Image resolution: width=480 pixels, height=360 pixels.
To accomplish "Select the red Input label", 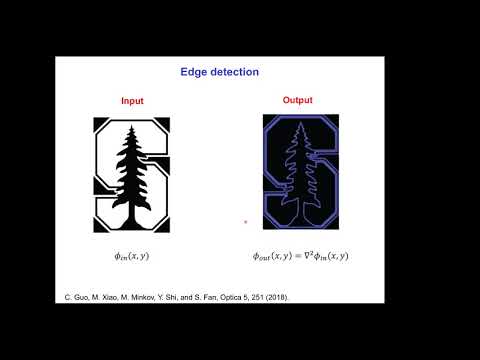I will pyautogui.click(x=132, y=101).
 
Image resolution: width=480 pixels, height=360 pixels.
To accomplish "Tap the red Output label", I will pyautogui.click(x=297, y=100).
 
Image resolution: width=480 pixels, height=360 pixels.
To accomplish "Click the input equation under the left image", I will pyautogui.click(x=132, y=256).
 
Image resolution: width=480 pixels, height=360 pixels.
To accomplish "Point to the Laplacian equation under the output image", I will pyautogui.click(x=300, y=256).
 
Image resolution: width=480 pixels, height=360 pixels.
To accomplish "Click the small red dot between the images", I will pyautogui.click(x=245, y=222).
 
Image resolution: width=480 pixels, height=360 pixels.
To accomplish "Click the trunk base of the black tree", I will pyautogui.click(x=132, y=222).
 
